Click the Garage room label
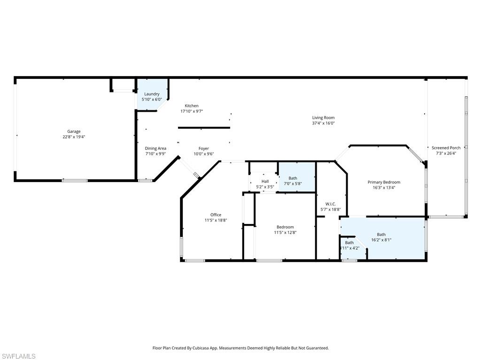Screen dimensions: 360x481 [74, 131]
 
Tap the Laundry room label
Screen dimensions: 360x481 [152, 94]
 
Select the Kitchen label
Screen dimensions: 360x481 [192, 106]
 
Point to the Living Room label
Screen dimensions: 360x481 [323, 118]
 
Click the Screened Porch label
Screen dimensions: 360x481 [446, 147]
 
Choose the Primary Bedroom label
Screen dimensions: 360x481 [384, 182]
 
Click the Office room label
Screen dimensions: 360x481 [216, 215]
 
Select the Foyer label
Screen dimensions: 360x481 [204, 148]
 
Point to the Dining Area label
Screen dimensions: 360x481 [155, 148]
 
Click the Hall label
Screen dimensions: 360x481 [265, 181]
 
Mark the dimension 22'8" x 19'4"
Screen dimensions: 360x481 [74, 137]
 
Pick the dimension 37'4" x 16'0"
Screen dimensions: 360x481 [323, 123]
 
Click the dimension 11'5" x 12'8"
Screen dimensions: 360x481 [285, 232]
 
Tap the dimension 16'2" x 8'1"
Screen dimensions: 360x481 [381, 240]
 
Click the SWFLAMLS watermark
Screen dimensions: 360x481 [18, 356]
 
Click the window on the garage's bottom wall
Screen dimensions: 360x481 [75, 180]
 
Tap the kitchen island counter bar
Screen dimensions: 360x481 [204, 127]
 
